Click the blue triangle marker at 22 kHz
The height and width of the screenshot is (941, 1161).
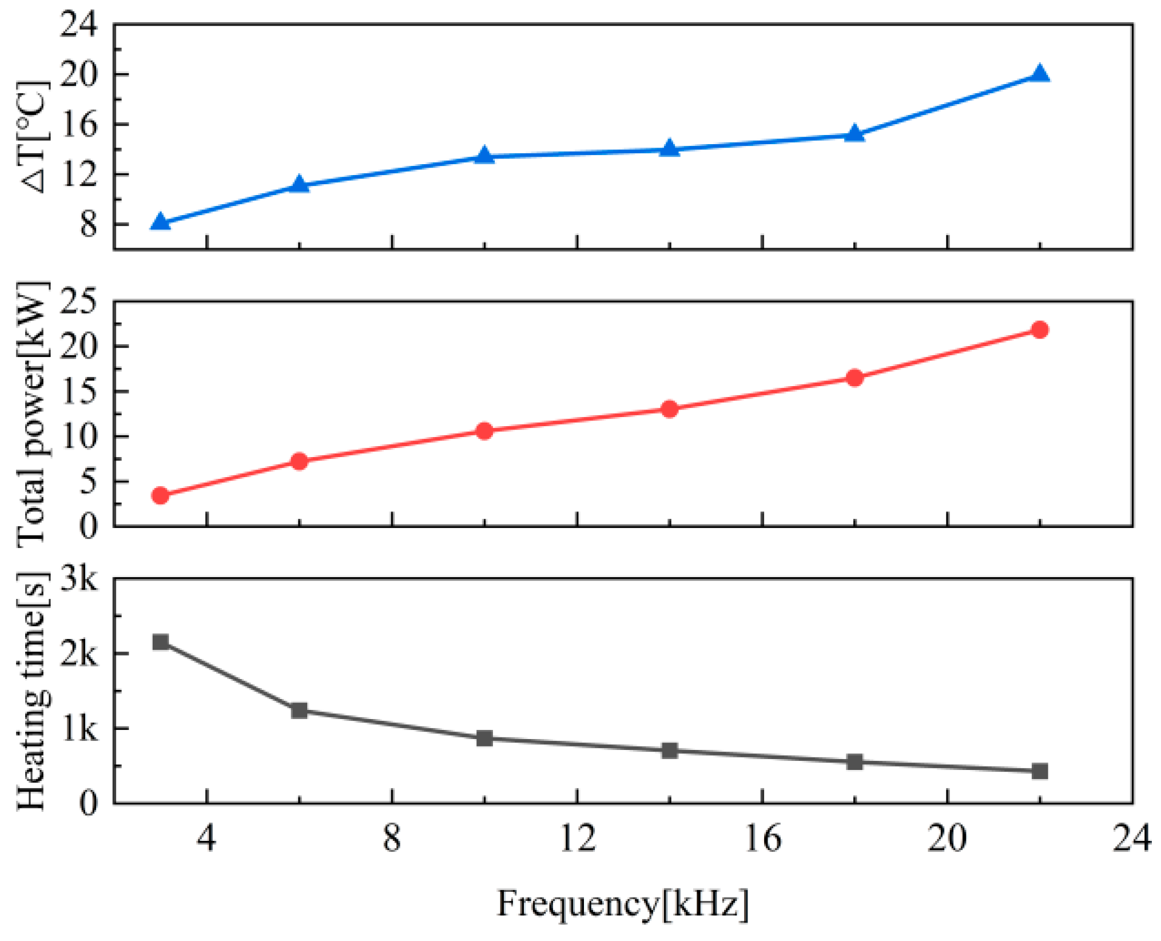pos(1040,74)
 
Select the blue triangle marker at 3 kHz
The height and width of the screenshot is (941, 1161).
pos(161,222)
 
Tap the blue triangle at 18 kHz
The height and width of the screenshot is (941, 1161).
pos(854,134)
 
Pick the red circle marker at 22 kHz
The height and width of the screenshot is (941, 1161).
pos(1040,329)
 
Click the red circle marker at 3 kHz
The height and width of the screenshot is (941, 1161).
pos(161,495)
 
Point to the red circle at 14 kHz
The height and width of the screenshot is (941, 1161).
pos(670,408)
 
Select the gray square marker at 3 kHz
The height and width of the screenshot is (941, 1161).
pos(161,642)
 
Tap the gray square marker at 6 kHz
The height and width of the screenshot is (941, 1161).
pos(299,710)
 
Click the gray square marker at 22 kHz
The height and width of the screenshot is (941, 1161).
pos(1040,771)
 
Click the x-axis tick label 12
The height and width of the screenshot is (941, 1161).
pos(578,839)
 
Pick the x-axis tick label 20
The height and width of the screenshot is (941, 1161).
pos(947,839)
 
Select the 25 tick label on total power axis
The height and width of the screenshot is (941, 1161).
pos(79,301)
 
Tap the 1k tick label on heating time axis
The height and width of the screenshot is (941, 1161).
pos(79,729)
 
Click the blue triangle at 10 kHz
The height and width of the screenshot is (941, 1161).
pos(484,155)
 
